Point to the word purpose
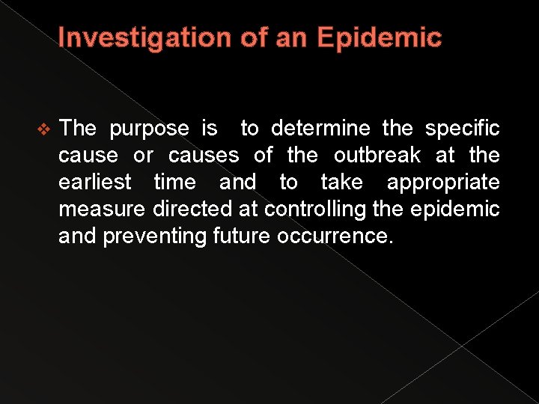coord(149,129)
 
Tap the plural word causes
coord(204,156)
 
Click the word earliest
coord(95,183)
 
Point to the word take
coord(341,183)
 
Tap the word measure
coord(103,209)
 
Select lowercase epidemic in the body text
coord(454,209)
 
